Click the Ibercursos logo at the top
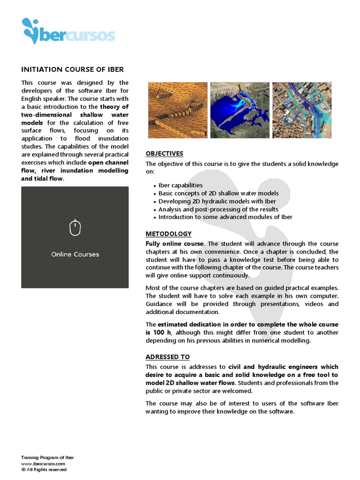[x=68, y=31]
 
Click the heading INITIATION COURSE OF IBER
[x=73, y=69]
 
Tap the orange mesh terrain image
[x=178, y=110]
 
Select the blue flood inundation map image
[x=240, y=110]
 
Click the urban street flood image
[x=301, y=110]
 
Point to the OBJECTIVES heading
[x=164, y=154]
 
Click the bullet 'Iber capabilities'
[x=180, y=185]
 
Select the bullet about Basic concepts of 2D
[x=218, y=193]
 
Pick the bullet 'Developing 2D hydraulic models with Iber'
[x=217, y=201]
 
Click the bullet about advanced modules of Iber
[x=225, y=217]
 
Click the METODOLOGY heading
[x=168, y=233]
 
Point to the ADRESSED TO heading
[x=167, y=357]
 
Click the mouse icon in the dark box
[x=75, y=228]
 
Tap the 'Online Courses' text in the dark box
[x=75, y=255]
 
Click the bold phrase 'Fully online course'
[x=174, y=244]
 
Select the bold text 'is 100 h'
[x=158, y=332]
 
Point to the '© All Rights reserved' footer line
[x=44, y=469]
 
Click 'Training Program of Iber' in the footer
[x=47, y=457]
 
